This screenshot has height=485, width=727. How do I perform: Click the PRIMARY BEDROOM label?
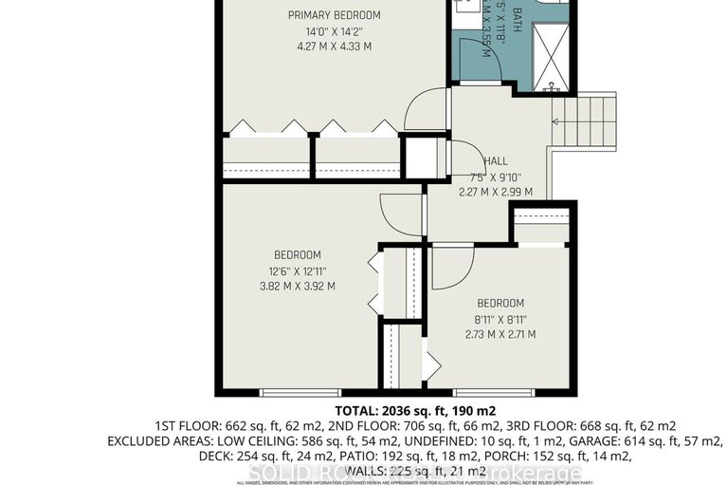[335, 15]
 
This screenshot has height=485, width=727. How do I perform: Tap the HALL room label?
[495, 160]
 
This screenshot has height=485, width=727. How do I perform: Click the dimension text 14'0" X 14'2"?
[335, 31]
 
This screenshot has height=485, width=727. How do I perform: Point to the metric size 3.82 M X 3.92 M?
[298, 286]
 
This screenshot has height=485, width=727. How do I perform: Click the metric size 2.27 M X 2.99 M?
[495, 191]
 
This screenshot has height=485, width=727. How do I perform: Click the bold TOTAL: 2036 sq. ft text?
[363, 410]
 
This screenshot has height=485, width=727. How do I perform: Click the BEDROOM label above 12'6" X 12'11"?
[298, 254]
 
